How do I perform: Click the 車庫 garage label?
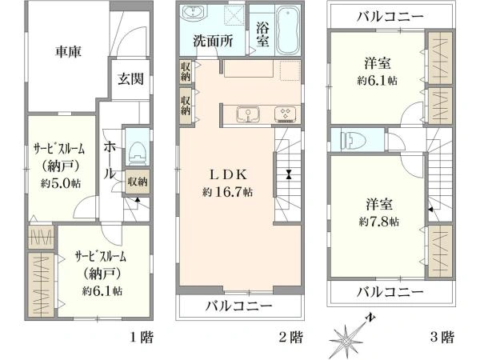(x=68, y=51)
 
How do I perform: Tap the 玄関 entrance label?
(x=130, y=79)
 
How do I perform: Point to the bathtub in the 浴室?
(x=287, y=30)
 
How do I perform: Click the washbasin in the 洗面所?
(x=194, y=13)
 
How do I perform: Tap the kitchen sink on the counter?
(x=248, y=114)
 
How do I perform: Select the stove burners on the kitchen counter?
(x=286, y=114)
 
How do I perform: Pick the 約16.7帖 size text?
(x=227, y=192)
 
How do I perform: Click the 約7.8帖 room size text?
(x=379, y=222)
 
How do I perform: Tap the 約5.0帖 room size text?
(x=61, y=183)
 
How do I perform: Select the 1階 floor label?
(x=142, y=338)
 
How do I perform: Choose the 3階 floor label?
(x=442, y=338)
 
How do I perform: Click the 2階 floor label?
(x=291, y=338)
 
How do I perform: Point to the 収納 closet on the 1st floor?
(x=138, y=182)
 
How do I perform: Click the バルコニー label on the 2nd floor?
(x=238, y=306)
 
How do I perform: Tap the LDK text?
(x=228, y=174)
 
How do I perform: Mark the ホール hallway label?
(x=110, y=160)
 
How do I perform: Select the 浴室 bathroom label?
(x=262, y=34)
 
